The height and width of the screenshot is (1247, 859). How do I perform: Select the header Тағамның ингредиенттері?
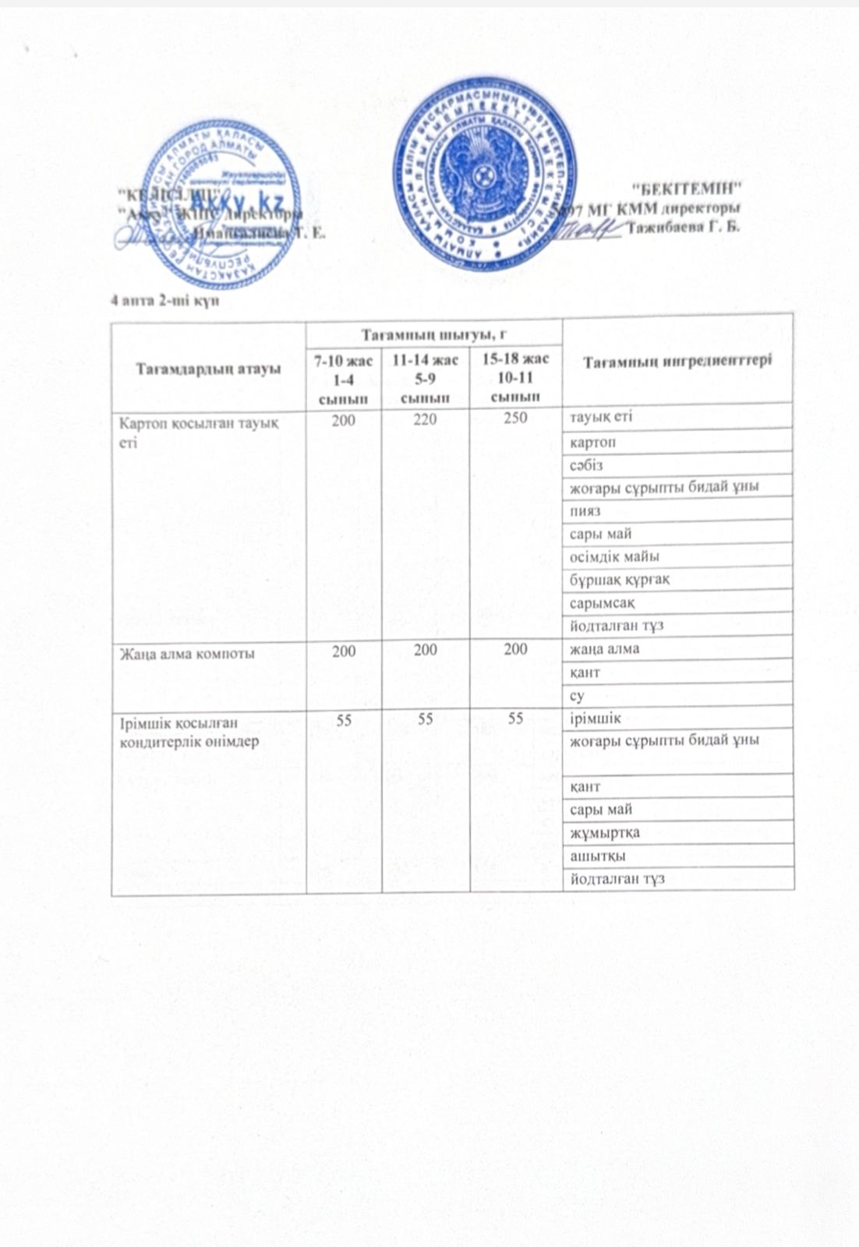[678, 361]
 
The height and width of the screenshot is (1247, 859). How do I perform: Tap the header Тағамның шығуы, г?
[433, 334]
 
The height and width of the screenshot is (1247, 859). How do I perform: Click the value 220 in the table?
[426, 419]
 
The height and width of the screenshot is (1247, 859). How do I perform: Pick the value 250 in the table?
[515, 418]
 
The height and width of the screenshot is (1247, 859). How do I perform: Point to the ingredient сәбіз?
[585, 465]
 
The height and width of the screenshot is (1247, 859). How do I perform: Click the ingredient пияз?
[584, 511]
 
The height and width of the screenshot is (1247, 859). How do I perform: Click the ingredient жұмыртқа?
[604, 832]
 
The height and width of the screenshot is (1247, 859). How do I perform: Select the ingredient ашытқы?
[597, 856]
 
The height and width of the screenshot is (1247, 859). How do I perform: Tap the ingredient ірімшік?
[595, 718]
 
